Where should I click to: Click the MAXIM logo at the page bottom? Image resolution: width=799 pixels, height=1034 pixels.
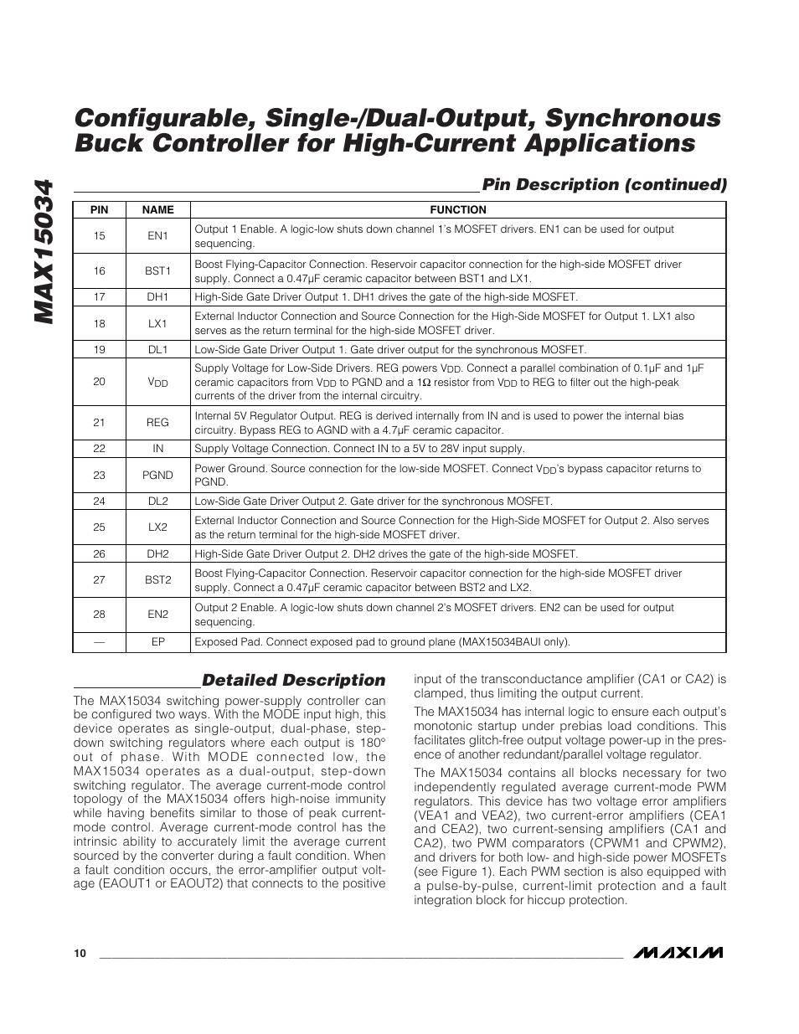coord(678,953)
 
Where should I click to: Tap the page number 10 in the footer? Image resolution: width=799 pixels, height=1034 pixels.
coord(80,954)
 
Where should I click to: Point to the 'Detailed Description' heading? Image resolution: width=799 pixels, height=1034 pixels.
coord(294,680)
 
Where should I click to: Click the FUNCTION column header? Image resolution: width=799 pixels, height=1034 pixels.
coord(458,210)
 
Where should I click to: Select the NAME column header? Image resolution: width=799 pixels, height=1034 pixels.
coord(157,210)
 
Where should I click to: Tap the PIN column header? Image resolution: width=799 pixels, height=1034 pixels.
coord(100,210)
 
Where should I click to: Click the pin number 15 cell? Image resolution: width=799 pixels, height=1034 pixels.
coord(100,236)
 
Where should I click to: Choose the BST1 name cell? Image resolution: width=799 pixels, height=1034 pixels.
coord(157,271)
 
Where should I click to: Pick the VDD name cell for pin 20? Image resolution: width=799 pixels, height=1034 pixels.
coord(157,382)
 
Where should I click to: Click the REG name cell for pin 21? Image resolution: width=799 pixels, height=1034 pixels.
coord(157,423)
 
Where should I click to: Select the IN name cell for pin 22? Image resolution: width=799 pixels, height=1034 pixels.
coord(157,449)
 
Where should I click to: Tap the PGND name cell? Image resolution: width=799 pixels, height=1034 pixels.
coord(157,475)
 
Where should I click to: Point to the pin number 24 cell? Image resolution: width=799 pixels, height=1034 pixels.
coord(100,501)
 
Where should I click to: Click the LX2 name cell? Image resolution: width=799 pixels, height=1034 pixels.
coord(157,527)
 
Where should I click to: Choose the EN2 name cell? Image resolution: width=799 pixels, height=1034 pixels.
coord(157,615)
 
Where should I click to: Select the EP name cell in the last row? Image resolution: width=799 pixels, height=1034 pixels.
coord(157,642)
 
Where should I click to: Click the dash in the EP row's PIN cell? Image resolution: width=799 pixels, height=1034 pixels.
coord(100,642)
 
